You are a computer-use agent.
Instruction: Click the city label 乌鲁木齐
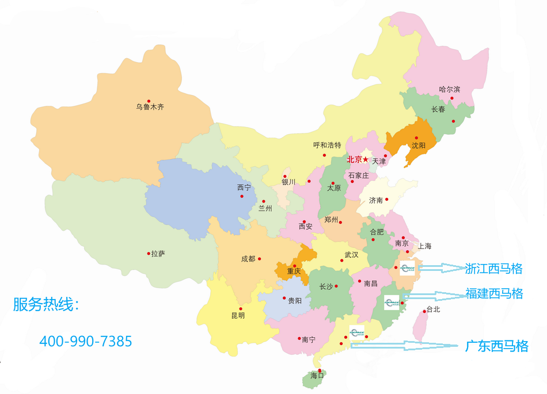click(x=150, y=107)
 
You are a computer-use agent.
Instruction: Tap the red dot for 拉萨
click(x=149, y=253)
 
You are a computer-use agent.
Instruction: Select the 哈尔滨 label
click(x=450, y=89)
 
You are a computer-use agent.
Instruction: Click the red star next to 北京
click(x=365, y=159)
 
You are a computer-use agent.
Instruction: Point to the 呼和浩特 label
click(x=327, y=145)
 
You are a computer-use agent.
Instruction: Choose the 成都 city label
click(x=248, y=259)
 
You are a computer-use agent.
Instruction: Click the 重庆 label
click(x=294, y=271)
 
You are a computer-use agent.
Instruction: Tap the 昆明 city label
click(x=238, y=315)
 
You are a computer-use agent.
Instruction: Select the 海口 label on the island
click(x=317, y=375)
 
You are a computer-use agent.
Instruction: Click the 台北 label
click(x=432, y=309)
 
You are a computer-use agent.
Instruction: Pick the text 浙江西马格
click(x=493, y=268)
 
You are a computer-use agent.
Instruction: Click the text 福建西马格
click(x=494, y=294)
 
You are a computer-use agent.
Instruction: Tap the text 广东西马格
click(x=496, y=346)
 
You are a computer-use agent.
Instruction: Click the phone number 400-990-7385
click(x=86, y=341)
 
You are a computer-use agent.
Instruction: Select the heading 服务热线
click(x=46, y=305)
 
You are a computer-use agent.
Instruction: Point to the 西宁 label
click(x=244, y=188)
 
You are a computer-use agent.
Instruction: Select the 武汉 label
click(x=351, y=254)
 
